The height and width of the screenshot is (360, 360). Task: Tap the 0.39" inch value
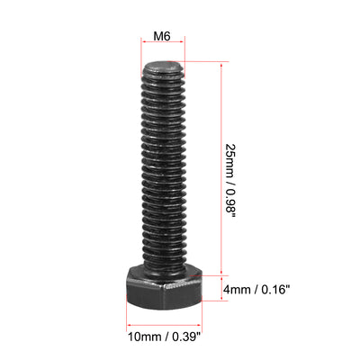point(182,338)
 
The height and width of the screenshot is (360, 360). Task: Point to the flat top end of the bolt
point(163,66)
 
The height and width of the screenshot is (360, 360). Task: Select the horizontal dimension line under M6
point(163,44)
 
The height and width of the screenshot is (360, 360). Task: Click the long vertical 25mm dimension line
point(220,171)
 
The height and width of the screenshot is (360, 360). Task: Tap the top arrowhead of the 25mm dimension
point(220,66)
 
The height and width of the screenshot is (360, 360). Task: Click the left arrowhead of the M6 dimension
point(145,44)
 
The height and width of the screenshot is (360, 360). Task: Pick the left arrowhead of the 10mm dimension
point(128,326)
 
